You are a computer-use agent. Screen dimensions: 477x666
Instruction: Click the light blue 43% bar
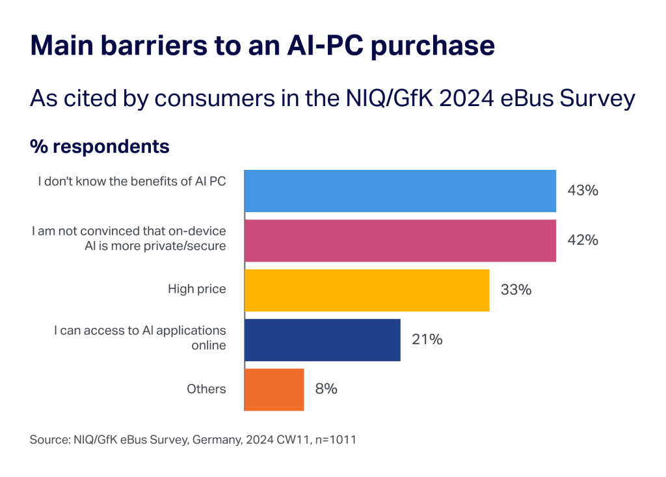tap(400, 191)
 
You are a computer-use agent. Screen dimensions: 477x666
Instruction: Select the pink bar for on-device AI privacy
tap(400, 241)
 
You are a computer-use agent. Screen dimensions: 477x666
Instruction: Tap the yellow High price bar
tap(366, 290)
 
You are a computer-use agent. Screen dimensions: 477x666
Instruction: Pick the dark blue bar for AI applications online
tap(322, 339)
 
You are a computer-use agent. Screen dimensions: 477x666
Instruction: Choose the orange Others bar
tap(274, 389)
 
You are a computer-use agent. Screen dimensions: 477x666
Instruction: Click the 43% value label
tap(582, 191)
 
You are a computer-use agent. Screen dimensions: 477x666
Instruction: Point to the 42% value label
tap(582, 240)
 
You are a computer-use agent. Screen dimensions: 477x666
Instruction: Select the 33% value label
tap(516, 290)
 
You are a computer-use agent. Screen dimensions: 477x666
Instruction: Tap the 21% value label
tap(427, 339)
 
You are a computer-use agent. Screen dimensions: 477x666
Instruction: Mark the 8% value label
tap(326, 389)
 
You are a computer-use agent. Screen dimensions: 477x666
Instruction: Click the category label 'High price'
tap(197, 289)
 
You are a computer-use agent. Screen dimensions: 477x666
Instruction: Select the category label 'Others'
tap(206, 389)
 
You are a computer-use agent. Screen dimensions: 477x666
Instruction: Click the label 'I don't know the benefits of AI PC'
tap(131, 182)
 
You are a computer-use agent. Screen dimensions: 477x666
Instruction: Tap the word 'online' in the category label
tap(209, 346)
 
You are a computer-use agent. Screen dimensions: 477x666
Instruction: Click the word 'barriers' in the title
tap(172, 47)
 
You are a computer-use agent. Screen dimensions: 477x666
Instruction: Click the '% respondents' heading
tap(100, 147)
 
